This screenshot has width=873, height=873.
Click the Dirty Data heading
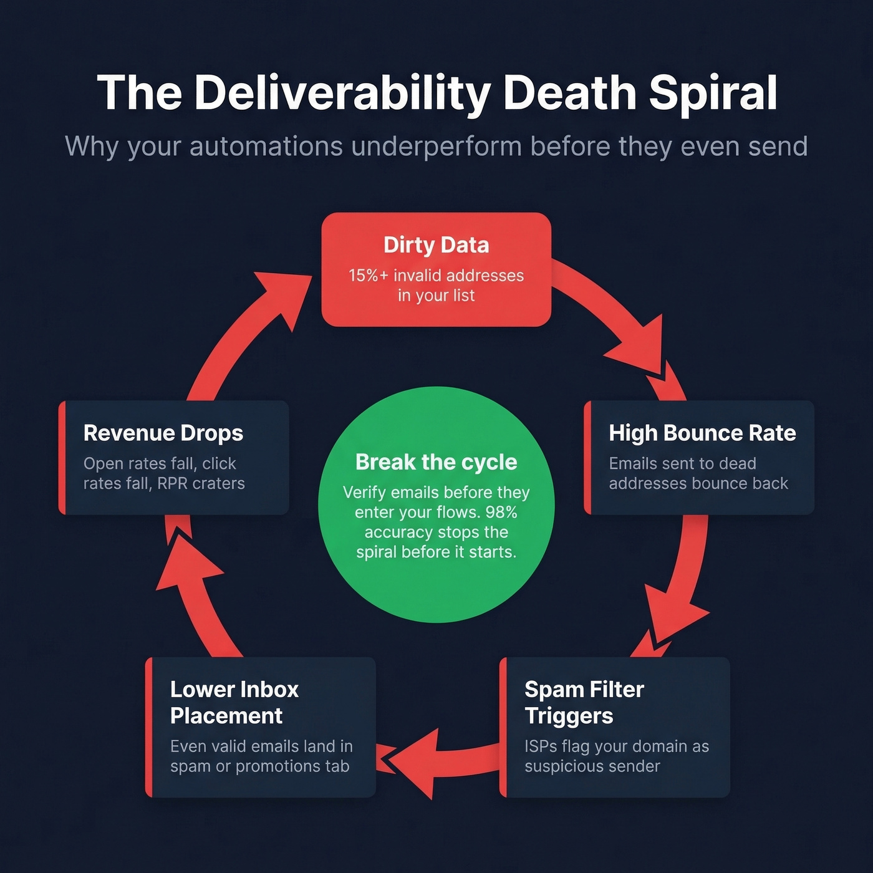(x=436, y=245)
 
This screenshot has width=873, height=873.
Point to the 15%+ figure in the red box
(x=368, y=276)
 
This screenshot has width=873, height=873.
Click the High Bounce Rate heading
(x=702, y=433)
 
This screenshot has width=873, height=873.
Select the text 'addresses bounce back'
(x=698, y=483)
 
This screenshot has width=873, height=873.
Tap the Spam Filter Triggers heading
(x=584, y=702)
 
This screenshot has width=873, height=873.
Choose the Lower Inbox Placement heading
(x=234, y=702)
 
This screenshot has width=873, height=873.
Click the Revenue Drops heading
(x=163, y=433)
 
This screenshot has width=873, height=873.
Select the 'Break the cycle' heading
(x=436, y=462)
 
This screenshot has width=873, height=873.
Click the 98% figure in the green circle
(x=501, y=513)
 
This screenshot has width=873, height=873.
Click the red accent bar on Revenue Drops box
(x=62, y=458)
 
